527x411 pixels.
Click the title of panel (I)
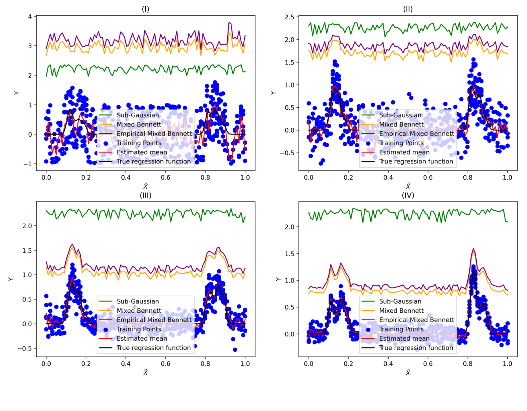[x=145, y=9]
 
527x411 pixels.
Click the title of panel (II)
[x=408, y=9]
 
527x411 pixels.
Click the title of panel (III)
[x=145, y=195]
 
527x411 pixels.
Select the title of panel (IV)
[x=408, y=195]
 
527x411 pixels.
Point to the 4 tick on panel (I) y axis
[x=30, y=17]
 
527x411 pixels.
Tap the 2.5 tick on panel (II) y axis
[x=289, y=17]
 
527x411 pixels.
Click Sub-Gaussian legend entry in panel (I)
[x=138, y=115]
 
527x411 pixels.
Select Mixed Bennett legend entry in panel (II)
[x=401, y=125]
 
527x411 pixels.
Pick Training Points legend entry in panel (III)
[x=139, y=329]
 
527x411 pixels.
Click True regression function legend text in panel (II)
[x=416, y=161]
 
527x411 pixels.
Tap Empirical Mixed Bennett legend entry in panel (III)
[x=154, y=320]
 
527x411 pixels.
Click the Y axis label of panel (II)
[x=273, y=93]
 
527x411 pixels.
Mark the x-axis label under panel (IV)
[x=408, y=372]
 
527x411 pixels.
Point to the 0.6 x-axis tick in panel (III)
[x=165, y=364]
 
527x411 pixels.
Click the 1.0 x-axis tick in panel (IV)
[x=507, y=364]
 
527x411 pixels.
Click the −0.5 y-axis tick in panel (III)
[x=24, y=349]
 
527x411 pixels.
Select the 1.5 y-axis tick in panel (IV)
[x=289, y=254]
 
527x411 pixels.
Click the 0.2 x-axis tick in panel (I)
[x=86, y=178]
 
